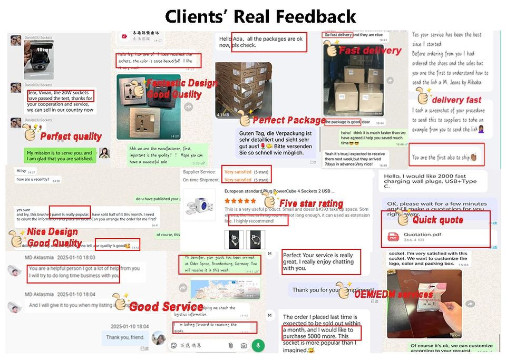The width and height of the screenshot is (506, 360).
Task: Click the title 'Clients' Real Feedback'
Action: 260,16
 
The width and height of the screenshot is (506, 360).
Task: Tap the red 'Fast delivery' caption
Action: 369,51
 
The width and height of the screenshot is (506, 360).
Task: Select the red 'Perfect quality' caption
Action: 71,137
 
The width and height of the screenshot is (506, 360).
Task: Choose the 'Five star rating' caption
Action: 311,203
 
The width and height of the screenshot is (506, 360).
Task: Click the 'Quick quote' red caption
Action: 437,220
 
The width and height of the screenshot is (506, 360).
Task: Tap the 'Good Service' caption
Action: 166,306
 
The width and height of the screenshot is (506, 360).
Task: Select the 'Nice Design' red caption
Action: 52,231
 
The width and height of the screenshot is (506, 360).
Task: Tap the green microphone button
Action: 258,345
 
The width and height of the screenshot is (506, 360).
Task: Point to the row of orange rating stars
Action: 240,201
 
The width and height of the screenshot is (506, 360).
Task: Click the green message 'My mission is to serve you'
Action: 59,155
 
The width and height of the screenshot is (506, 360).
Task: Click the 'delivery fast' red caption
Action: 456,100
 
